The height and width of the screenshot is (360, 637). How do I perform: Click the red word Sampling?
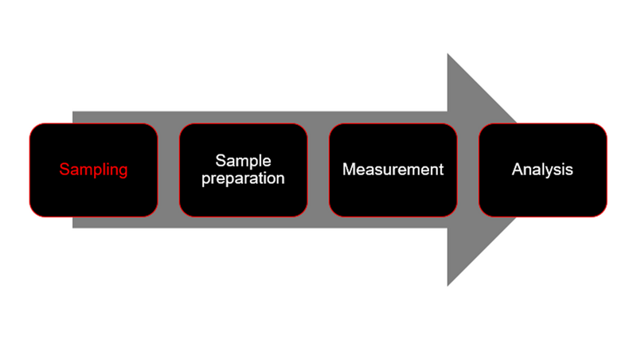coord(94,170)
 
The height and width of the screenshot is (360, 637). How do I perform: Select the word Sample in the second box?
coord(243,162)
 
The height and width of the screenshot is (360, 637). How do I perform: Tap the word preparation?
coord(243,178)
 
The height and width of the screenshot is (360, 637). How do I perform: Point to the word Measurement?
coord(393,170)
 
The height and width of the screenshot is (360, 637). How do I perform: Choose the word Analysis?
coord(542,170)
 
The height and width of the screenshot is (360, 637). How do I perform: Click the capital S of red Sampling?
coord(64,170)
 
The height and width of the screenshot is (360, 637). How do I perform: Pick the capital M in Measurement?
coord(348,170)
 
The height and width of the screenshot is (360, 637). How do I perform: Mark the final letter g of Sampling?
coord(123,171)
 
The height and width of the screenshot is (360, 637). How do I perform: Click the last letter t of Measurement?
coord(440,170)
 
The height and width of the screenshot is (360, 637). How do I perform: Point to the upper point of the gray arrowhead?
coord(448,55)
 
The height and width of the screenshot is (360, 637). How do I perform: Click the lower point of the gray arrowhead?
coord(448,284)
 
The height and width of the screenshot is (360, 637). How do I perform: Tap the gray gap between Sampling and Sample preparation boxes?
coord(169,170)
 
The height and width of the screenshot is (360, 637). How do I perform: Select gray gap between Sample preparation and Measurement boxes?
coord(318,170)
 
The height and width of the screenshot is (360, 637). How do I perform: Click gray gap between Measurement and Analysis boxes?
coord(468,170)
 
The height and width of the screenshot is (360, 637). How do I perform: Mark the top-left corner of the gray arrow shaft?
coord(73,112)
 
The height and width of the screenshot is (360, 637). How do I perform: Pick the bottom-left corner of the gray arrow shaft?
coord(73,227)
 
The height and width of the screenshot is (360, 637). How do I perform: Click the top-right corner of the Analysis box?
coord(605,125)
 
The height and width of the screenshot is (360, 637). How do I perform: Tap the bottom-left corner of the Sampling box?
coord(32,214)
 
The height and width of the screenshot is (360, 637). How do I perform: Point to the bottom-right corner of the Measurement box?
coord(455,214)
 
